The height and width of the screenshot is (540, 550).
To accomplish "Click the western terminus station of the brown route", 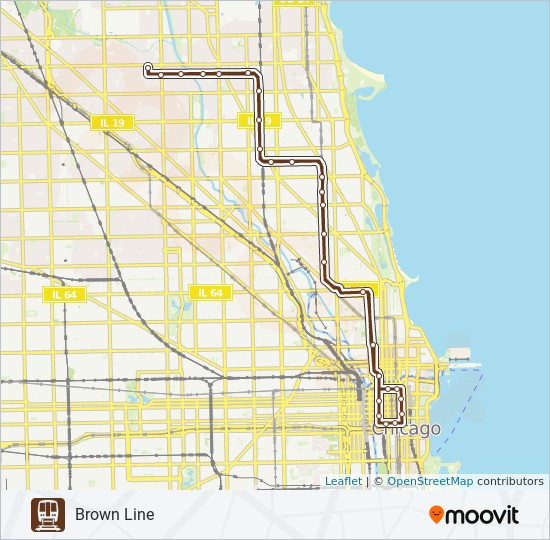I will pos(148,68).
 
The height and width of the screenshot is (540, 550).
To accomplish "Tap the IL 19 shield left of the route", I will pos(112,122).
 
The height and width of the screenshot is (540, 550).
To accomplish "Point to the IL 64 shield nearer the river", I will pos(210,293).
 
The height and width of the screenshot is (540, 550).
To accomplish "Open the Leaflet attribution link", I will pos(343,481).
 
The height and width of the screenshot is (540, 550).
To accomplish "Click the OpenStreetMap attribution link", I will pos(430,481).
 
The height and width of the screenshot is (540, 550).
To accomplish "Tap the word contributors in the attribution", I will pos(510,481).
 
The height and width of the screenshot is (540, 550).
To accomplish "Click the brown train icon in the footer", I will pos(47,514).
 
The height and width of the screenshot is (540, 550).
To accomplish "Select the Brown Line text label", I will pos(114,514).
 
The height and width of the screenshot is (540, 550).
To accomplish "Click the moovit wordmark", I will pos(481,515).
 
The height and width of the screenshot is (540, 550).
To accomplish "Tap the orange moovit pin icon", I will pos(436,514).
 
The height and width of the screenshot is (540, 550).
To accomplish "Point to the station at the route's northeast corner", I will pos(250,73).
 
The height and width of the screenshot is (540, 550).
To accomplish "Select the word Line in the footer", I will pos(138,514).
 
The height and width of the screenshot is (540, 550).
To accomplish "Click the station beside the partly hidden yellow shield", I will pos(258,121).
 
